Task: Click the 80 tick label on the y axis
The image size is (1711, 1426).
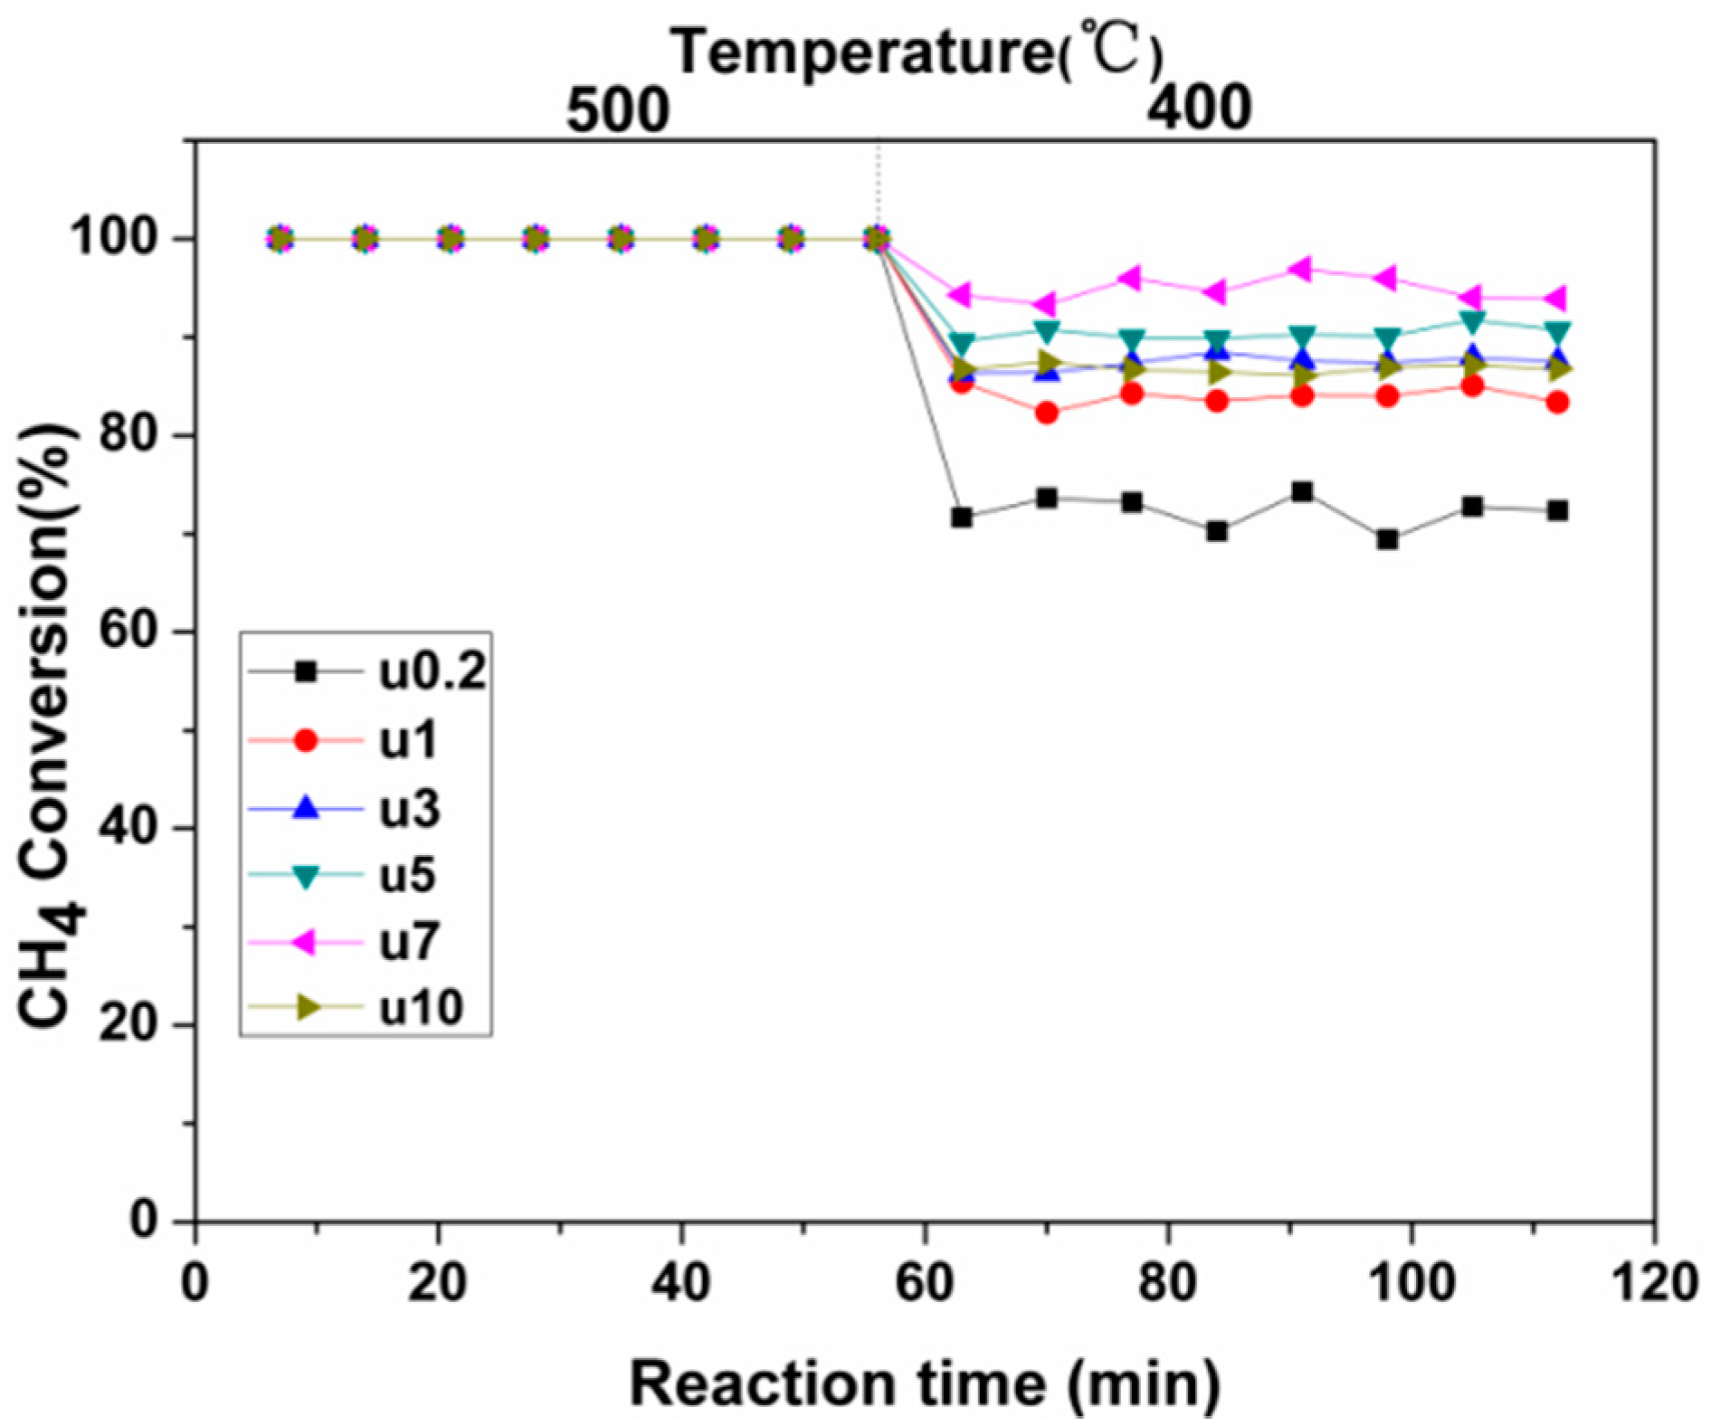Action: point(128,434)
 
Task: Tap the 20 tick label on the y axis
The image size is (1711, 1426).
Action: point(128,1024)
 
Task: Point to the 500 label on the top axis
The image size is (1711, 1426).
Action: point(618,110)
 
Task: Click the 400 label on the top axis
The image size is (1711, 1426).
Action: point(1199,109)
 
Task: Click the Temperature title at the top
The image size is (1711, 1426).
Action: point(916,51)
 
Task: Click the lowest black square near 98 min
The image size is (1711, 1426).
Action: point(1387,540)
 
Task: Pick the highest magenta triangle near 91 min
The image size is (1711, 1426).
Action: point(1302,269)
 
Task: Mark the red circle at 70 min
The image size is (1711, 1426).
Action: point(1047,413)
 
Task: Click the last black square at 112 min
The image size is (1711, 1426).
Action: point(1557,510)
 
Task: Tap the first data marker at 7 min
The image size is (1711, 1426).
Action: point(280,240)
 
